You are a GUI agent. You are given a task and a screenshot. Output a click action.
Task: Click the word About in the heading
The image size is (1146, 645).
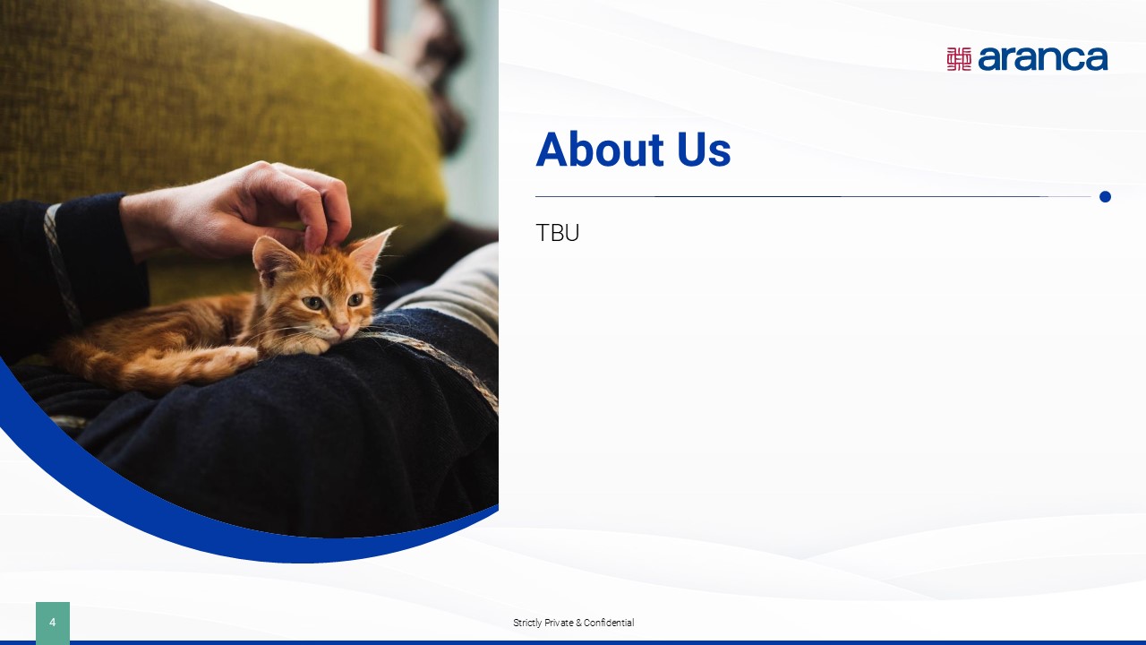pos(600,150)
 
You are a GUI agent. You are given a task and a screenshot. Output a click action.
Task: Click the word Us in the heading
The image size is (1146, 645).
pos(704,150)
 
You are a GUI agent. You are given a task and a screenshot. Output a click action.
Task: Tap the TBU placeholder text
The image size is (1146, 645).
pos(557,233)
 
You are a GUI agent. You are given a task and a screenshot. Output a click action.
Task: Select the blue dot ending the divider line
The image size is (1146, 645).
pos(1105,196)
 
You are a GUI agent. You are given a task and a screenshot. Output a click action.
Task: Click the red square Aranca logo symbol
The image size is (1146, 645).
pos(959,59)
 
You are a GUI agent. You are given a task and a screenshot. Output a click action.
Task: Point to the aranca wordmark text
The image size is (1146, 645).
pos(1043,59)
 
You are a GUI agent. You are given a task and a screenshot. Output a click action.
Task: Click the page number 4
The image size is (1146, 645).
pos(52,623)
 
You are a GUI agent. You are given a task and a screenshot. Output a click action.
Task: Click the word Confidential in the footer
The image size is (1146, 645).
pos(609,623)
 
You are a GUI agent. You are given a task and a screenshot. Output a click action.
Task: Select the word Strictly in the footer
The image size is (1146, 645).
pos(527,623)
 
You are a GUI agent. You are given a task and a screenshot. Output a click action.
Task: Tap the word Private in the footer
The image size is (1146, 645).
pos(559,623)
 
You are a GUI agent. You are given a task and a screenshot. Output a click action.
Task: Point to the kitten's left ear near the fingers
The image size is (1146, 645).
pos(275,260)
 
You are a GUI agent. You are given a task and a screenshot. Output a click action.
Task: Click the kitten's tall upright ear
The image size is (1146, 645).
pos(372,250)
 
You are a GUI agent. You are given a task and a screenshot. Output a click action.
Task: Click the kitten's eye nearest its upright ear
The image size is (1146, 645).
pos(355,299)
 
